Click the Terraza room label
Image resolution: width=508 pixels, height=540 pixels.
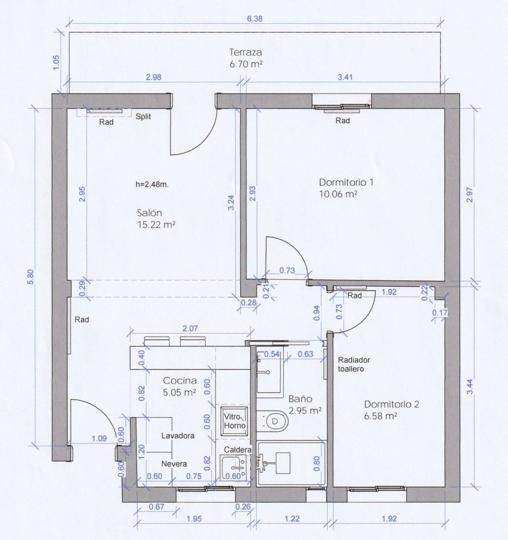[246, 52]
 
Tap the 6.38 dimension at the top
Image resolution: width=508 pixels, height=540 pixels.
[254, 19]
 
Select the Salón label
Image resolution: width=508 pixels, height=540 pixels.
[149, 213]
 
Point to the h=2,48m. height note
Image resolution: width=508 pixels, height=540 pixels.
[152, 185]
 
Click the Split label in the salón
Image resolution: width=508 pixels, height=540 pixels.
[143, 116]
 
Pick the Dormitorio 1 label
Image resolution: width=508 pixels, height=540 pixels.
[346, 182]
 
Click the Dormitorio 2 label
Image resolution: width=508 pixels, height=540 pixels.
[391, 404]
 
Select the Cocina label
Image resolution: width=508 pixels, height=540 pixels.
[179, 381]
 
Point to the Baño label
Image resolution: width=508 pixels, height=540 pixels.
[300, 399]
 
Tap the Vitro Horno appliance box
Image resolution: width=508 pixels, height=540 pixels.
[234, 421]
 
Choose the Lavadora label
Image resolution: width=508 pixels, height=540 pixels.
[178, 436]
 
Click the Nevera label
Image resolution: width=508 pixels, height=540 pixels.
[174, 464]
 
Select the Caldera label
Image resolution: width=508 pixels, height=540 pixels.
[238, 450]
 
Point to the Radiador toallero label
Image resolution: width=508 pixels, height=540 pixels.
[354, 364]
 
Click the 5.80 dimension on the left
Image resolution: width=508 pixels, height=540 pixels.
[30, 277]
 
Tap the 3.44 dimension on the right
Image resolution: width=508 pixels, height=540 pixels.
[470, 387]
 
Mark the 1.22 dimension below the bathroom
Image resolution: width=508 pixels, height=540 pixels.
[292, 519]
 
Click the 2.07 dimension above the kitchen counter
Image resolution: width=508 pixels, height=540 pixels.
[190, 328]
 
